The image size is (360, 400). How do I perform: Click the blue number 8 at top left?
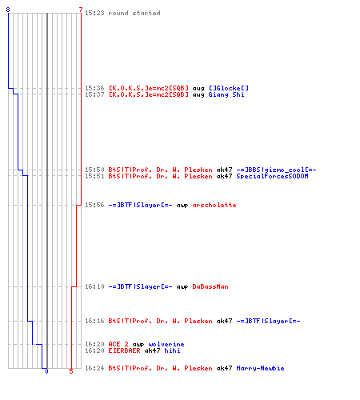8,10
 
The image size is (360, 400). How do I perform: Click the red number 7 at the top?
81,10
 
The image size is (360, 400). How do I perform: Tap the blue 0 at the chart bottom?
46,371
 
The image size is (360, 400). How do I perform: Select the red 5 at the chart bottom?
71,371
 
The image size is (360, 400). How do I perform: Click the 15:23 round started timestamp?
94,13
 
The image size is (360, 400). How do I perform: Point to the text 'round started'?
134,13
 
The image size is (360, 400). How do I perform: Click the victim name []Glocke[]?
229,88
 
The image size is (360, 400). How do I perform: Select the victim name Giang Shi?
226,94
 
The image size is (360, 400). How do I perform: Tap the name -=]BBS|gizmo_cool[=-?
276,170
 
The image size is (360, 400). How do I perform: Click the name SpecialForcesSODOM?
272,176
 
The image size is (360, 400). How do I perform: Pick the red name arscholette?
214,205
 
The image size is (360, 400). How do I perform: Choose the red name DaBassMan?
210,286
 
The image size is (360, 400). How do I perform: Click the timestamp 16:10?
94,286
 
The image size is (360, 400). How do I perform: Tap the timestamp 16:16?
94,321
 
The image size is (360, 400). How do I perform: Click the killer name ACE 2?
118,344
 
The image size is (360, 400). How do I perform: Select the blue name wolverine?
166,344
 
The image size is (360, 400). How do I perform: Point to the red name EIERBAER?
124,350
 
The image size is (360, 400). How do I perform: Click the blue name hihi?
172,350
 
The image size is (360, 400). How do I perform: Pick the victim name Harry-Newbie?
260,368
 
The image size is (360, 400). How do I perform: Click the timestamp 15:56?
94,205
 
